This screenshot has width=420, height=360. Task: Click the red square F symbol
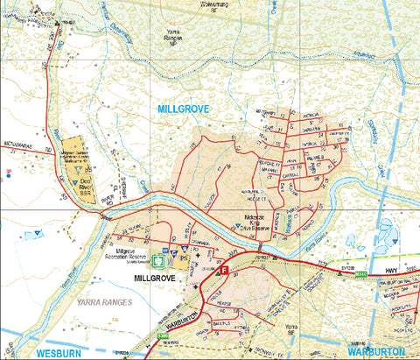point(223,272)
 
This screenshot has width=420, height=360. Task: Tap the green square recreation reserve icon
point(158,260)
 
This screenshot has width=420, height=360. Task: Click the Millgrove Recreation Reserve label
point(130,253)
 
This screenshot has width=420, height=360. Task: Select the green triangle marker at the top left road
point(57,23)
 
